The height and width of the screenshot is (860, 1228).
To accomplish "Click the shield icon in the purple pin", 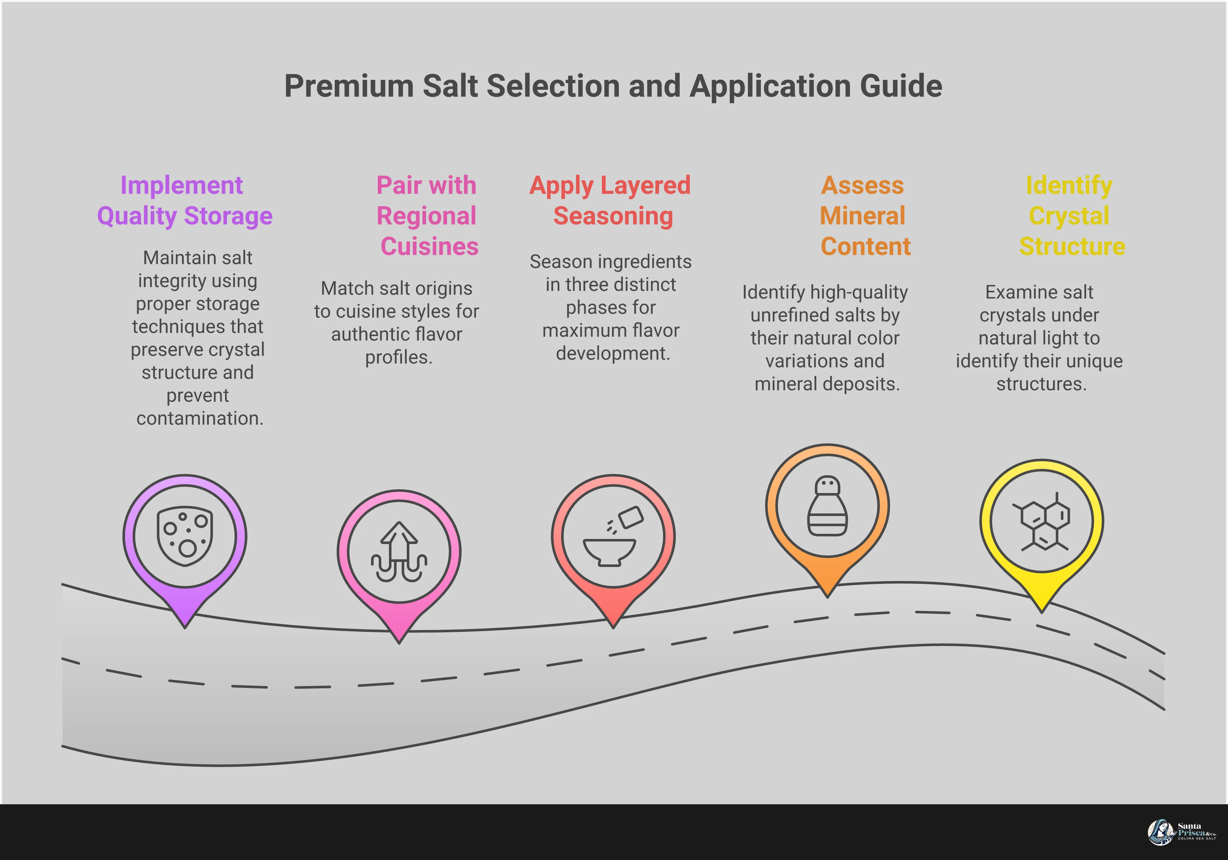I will coord(185,535).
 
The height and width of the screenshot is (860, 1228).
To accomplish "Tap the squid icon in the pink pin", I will coord(399,551).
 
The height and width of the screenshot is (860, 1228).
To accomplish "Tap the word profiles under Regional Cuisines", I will coord(398,357).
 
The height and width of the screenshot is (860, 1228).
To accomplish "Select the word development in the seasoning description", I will coord(612,353).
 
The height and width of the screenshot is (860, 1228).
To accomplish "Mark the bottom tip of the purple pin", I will coord(185,627).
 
